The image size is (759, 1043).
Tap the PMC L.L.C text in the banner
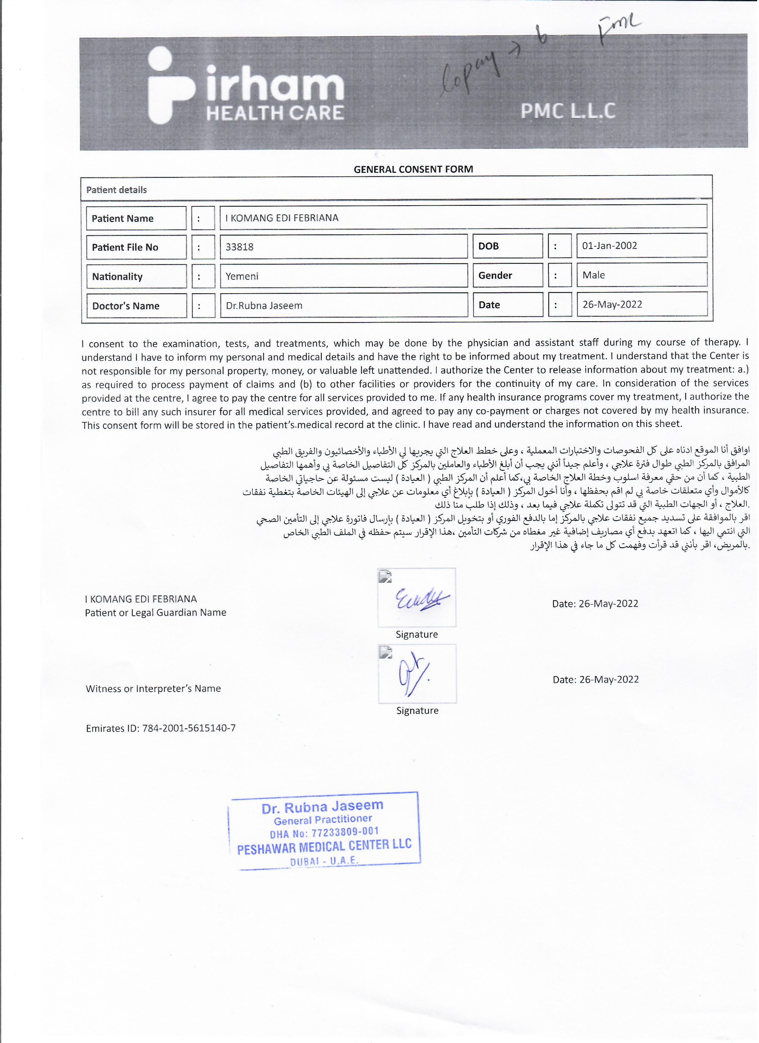568,111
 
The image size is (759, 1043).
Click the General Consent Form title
413,169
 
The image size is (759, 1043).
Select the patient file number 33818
239,247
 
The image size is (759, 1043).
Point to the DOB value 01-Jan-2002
609,246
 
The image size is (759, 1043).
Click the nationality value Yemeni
242,276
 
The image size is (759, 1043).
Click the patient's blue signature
421,599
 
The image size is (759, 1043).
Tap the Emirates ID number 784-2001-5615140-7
189,728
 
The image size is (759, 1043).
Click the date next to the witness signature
596,679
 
